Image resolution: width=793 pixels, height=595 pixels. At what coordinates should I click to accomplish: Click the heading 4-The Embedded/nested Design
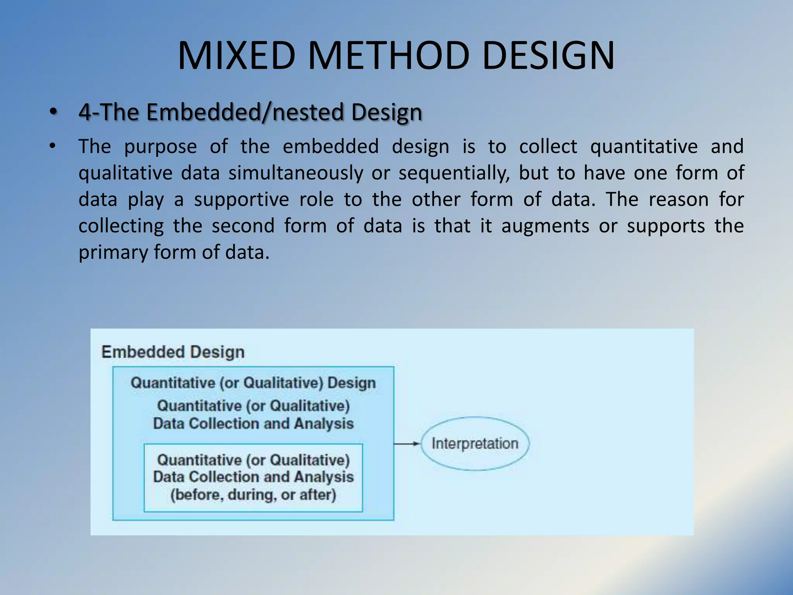click(250, 112)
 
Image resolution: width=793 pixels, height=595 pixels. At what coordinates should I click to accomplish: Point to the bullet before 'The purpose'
click(53, 146)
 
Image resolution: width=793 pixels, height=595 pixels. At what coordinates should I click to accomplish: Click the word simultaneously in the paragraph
click(295, 173)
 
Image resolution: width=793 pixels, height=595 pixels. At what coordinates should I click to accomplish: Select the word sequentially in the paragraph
click(453, 173)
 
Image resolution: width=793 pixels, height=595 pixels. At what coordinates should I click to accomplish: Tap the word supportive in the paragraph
click(241, 199)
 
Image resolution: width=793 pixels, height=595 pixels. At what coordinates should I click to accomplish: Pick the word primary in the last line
click(113, 253)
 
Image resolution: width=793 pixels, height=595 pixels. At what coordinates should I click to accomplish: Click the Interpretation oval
click(475, 444)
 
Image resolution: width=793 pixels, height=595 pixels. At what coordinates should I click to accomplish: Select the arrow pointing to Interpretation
click(407, 444)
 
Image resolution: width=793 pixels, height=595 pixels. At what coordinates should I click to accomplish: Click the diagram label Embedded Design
click(173, 352)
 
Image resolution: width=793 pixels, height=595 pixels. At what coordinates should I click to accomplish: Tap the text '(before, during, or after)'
click(253, 495)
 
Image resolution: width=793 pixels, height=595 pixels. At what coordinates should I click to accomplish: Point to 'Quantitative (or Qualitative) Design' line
click(253, 383)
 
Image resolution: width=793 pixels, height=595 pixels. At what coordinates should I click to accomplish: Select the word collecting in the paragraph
click(121, 226)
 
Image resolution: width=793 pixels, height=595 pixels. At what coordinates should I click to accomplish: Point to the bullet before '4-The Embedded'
click(53, 112)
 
